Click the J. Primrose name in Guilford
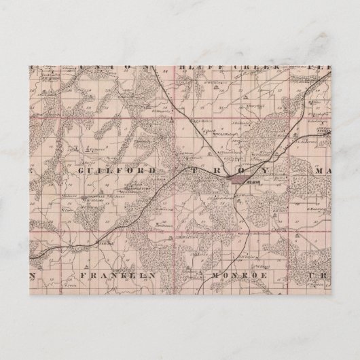coord(95,145)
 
